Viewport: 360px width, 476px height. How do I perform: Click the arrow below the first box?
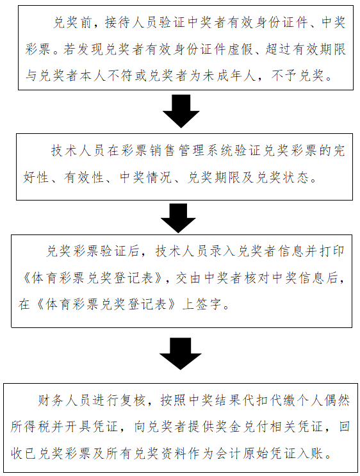181,111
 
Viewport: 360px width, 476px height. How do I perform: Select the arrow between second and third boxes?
178,218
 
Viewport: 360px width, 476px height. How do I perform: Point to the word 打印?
332,251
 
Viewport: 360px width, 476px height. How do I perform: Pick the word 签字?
209,304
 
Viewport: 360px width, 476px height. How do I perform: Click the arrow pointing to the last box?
180,354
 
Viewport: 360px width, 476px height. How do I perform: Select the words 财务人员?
64,400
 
